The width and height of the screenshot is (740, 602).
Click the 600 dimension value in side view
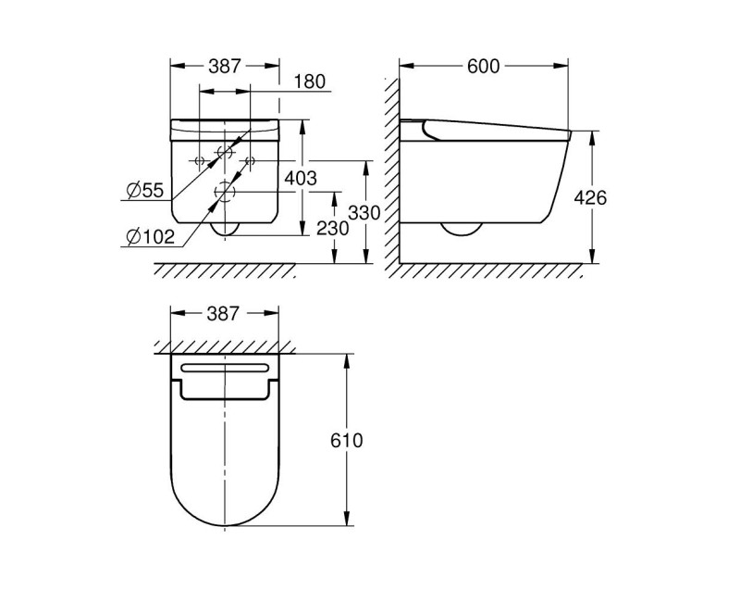484,66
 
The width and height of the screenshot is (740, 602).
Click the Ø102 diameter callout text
150,237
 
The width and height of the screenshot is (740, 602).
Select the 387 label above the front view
225,66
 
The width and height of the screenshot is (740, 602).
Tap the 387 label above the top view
225,313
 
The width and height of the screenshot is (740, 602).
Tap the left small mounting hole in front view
200,160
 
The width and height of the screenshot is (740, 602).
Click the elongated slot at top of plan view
226,369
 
